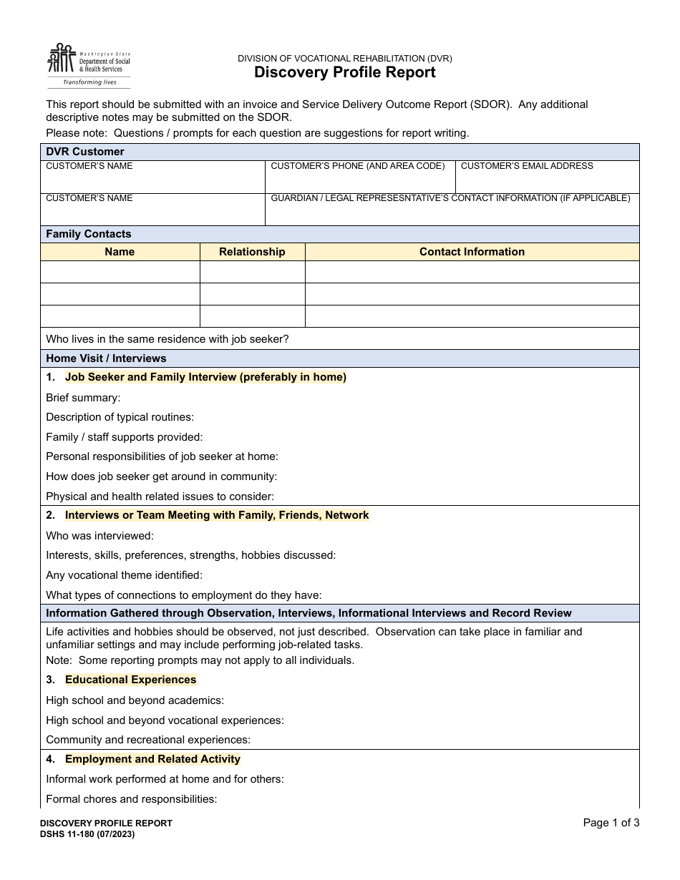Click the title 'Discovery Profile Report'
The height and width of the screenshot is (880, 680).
[344, 72]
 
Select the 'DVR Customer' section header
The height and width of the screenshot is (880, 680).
[85, 152]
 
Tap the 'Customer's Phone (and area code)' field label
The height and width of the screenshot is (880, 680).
[357, 166]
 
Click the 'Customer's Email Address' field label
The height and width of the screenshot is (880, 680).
[527, 166]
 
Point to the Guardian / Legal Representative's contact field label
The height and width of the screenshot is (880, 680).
[450, 198]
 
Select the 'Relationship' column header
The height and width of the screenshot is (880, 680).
[252, 252]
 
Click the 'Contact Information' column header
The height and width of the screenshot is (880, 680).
[472, 252]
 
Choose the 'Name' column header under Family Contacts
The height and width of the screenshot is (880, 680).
[120, 252]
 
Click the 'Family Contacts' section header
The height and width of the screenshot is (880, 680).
[89, 234]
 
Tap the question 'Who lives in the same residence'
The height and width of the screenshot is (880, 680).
[167, 339]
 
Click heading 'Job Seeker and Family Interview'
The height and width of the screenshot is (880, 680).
[205, 377]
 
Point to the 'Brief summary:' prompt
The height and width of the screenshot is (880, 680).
[83, 398]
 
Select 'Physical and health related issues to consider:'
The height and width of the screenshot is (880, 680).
[160, 496]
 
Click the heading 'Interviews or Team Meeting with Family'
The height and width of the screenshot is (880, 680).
[217, 515]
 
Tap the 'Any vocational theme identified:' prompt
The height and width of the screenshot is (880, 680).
[124, 575]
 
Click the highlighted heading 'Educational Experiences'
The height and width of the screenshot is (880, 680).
[130, 680]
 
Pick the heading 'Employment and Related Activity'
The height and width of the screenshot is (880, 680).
[152, 759]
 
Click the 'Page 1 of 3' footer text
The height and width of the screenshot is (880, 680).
[611, 823]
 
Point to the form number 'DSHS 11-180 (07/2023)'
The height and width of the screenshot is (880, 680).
[87, 833]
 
